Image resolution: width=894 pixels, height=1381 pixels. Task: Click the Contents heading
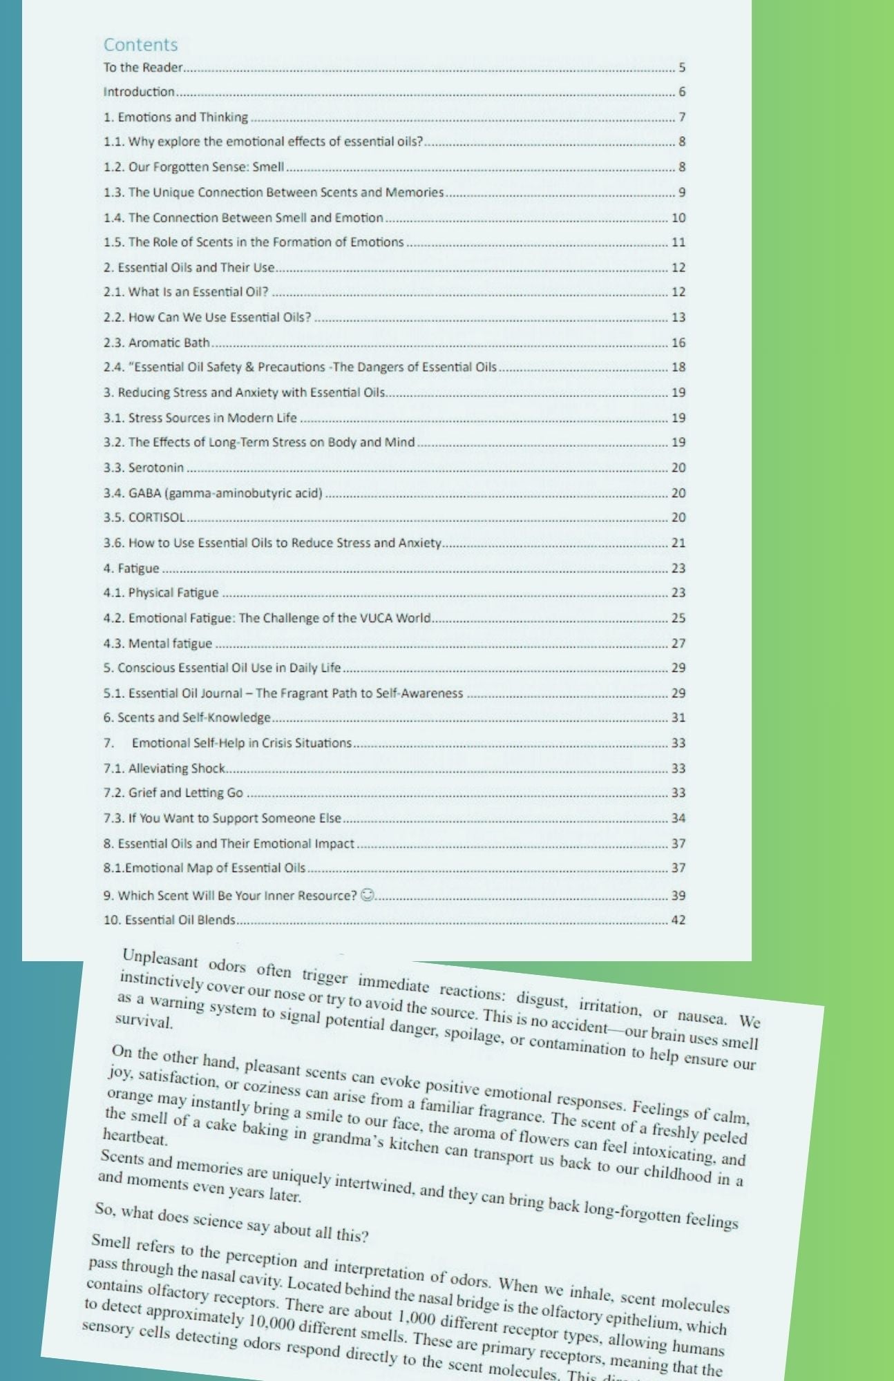click(140, 45)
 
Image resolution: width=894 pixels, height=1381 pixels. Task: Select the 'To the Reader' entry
click(143, 68)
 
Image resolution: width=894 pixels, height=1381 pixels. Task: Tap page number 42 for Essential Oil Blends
click(678, 920)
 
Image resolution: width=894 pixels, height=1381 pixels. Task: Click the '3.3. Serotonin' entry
click(144, 467)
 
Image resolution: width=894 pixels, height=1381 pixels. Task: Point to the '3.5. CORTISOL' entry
click(144, 517)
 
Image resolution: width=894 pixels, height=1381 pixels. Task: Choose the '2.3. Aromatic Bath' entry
click(157, 342)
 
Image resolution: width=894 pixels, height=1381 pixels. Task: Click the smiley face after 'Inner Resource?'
click(368, 895)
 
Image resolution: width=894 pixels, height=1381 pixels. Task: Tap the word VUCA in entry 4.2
click(376, 618)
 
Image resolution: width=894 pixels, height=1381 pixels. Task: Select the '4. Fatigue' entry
click(131, 568)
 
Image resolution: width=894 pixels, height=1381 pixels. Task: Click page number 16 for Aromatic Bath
click(678, 342)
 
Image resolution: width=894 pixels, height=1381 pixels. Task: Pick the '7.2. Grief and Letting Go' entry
click(173, 793)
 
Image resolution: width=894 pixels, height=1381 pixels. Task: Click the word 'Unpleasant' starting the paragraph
click(160, 960)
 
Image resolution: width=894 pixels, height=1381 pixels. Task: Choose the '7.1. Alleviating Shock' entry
click(164, 768)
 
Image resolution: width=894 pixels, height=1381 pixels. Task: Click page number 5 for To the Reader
click(681, 68)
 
